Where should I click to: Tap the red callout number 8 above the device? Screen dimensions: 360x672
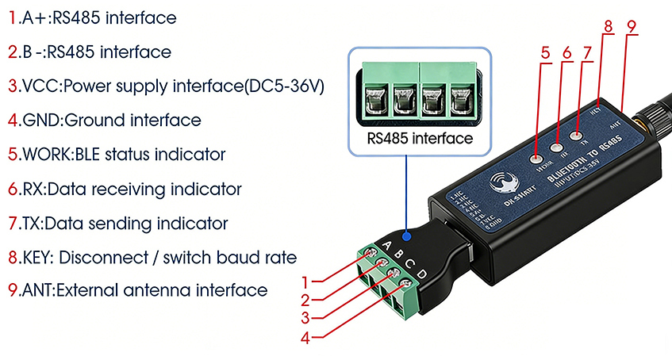(x=608, y=26)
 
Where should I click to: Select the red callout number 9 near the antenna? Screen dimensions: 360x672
(x=632, y=26)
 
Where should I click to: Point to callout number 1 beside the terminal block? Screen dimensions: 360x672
(x=305, y=280)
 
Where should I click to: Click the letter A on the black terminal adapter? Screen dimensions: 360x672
(x=388, y=244)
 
